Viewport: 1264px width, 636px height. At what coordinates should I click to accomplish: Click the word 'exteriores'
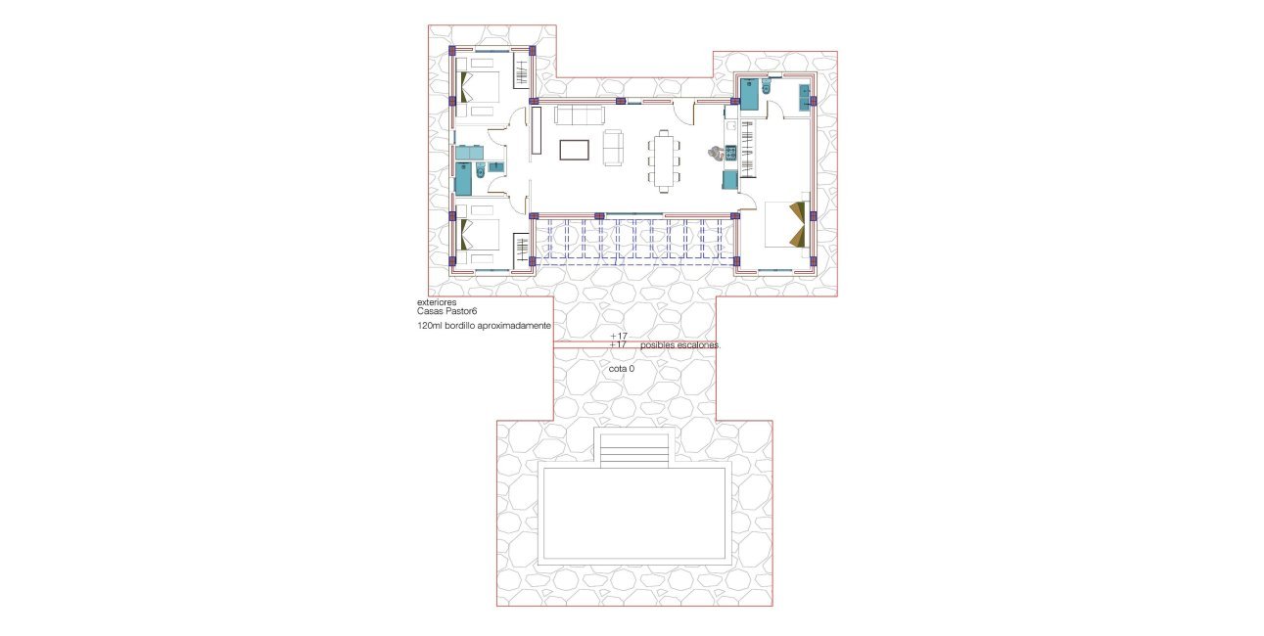[436, 303]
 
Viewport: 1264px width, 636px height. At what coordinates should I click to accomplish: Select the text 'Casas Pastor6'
[446, 311]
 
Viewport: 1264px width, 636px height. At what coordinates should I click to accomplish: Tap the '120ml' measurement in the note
[429, 325]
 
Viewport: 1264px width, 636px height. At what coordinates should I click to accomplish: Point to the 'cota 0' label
[622, 369]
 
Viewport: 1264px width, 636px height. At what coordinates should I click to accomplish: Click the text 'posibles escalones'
[680, 345]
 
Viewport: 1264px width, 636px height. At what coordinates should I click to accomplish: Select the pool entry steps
[634, 450]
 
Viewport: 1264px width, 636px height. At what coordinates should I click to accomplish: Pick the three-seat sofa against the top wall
[579, 115]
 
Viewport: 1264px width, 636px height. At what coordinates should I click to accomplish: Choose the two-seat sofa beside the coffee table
[613, 146]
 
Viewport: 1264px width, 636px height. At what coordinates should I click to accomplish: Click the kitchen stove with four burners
[729, 153]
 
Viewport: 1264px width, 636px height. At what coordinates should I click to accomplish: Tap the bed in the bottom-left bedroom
[476, 236]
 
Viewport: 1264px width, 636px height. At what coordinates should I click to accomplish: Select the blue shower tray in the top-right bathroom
[749, 94]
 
